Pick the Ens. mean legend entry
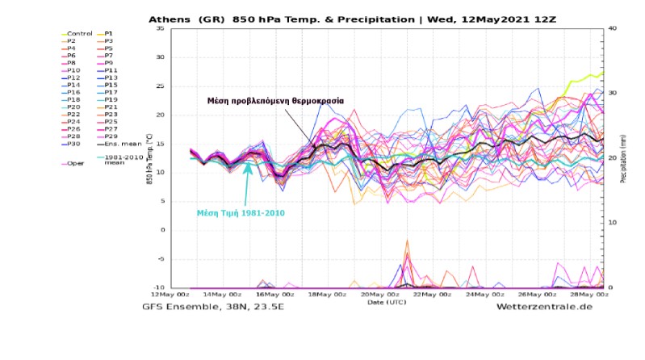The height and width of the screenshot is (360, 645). point(118,143)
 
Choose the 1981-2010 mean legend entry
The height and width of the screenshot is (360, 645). point(116,156)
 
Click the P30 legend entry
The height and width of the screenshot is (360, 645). point(75,143)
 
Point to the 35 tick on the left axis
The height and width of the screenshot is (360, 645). point(159,29)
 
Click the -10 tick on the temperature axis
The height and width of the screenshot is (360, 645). point(157,287)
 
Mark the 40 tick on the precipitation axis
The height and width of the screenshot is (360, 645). point(613,29)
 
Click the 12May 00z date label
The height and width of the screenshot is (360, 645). point(166,296)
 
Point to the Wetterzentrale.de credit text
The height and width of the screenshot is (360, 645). point(549,307)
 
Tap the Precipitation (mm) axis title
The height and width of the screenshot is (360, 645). point(624,158)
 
